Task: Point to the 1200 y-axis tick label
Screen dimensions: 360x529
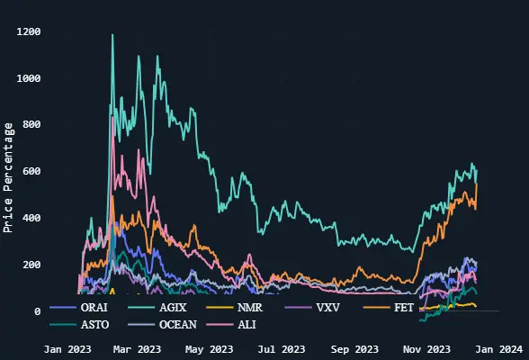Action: pos(53,32)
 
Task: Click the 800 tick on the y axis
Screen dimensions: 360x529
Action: pos(56,125)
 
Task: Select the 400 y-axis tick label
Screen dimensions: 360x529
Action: pos(56,219)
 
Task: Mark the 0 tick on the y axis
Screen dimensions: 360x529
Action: pos(62,311)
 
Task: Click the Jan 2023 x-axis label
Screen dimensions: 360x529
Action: pos(66,348)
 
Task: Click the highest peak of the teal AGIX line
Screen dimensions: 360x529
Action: pos(112,35)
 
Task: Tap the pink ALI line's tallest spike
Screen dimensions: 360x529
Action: pos(112,117)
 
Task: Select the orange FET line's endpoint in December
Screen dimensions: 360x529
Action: pos(477,184)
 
